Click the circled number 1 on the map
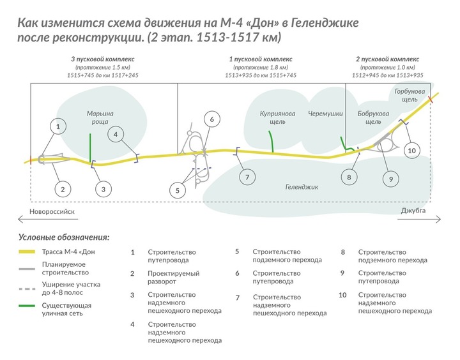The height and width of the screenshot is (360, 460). click(57, 126)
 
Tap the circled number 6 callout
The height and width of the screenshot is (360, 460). click(212, 119)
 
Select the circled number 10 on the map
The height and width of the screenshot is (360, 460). click(412, 151)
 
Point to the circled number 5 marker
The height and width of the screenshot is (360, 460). click(178, 191)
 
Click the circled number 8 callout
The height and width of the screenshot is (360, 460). click(349, 177)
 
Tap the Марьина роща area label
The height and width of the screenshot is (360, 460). click(100, 117)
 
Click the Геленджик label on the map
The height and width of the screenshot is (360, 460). click(302, 187)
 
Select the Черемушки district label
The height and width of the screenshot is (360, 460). click(325, 114)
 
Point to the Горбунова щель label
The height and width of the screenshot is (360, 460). click(410, 95)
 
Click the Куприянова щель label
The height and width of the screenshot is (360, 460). click(277, 117)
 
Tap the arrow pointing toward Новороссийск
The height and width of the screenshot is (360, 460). click(48, 219)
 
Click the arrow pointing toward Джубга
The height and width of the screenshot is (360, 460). click(419, 219)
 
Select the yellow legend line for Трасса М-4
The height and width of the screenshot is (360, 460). click(27, 252)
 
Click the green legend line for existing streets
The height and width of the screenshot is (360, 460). click(27, 306)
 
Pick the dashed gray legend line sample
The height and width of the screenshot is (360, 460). click(27, 289)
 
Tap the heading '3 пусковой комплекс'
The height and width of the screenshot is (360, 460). click(103, 59)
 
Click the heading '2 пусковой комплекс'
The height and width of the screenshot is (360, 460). click(388, 59)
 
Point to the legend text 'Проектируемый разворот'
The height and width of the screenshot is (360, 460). click(174, 278)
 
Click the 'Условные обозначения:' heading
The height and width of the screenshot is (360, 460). click(64, 237)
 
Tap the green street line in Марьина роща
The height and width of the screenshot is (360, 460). click(90, 147)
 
